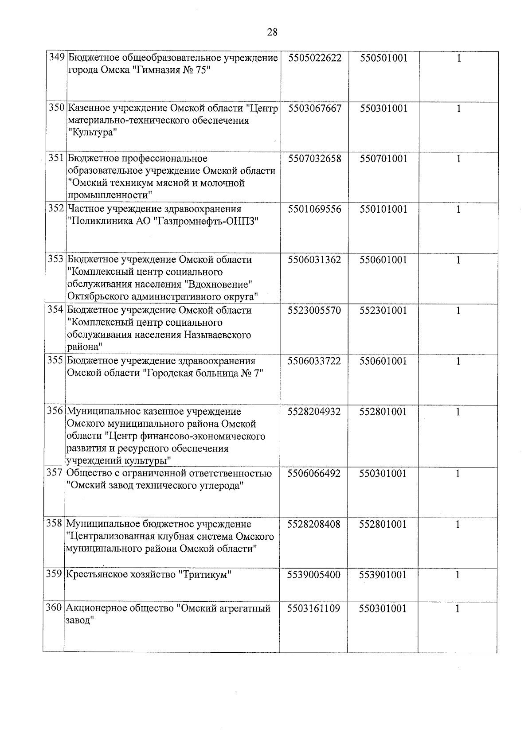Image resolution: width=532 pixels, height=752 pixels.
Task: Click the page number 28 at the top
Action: pyautogui.click(x=272, y=32)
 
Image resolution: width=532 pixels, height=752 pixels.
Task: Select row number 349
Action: pyautogui.click(x=57, y=58)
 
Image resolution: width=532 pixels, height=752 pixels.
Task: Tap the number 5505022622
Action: pyautogui.click(x=314, y=58)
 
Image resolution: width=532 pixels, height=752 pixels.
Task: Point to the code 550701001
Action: pyautogui.click(x=383, y=159)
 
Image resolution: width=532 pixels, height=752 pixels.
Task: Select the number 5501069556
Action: pyautogui.click(x=314, y=209)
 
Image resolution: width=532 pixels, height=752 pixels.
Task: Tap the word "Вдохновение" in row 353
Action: pyautogui.click(x=219, y=284)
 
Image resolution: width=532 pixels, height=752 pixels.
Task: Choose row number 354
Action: pyautogui.click(x=56, y=310)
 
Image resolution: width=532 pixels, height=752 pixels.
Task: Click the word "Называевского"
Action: pyautogui.click(x=217, y=335)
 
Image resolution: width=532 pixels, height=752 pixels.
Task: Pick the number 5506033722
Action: pyautogui.click(x=314, y=361)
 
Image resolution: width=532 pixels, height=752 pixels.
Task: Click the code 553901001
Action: pyautogui.click(x=383, y=575)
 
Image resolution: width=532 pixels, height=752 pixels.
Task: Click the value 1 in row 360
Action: pyautogui.click(x=458, y=609)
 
